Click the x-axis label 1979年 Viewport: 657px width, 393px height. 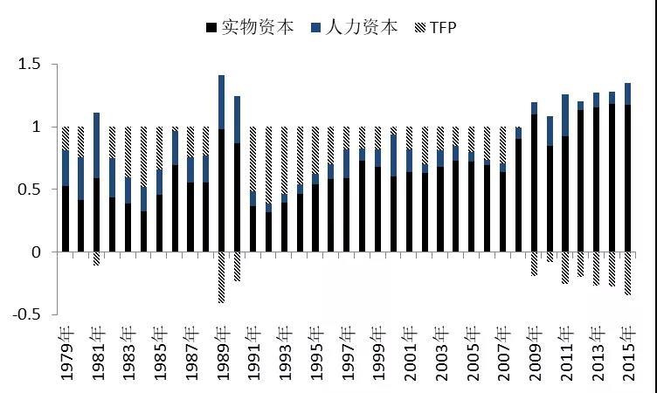pos(66,354)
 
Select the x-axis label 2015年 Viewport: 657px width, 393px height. pos(627,354)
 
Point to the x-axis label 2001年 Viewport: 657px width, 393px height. pos(409,354)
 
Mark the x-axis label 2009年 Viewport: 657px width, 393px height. pos(534,354)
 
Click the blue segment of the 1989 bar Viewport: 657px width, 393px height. pos(221,102)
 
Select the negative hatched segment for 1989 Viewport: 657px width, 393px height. pos(221,277)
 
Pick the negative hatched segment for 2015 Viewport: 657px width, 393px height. pos(627,273)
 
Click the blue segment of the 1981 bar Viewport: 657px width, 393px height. pos(96,145)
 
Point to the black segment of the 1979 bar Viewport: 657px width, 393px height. pos(66,219)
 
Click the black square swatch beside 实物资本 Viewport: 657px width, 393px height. pos(210,28)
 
